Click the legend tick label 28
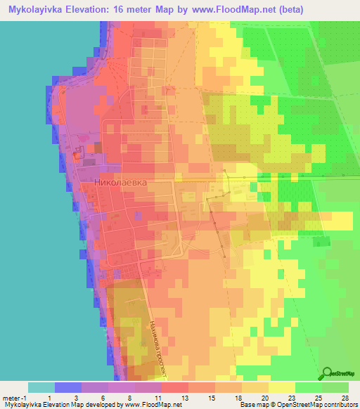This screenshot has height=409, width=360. coord(344,397)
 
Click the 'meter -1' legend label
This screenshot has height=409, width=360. coord(14,397)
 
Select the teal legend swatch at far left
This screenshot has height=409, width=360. coord(41,387)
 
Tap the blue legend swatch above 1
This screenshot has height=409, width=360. coord(67,387)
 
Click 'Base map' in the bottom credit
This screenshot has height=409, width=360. coord(251,405)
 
